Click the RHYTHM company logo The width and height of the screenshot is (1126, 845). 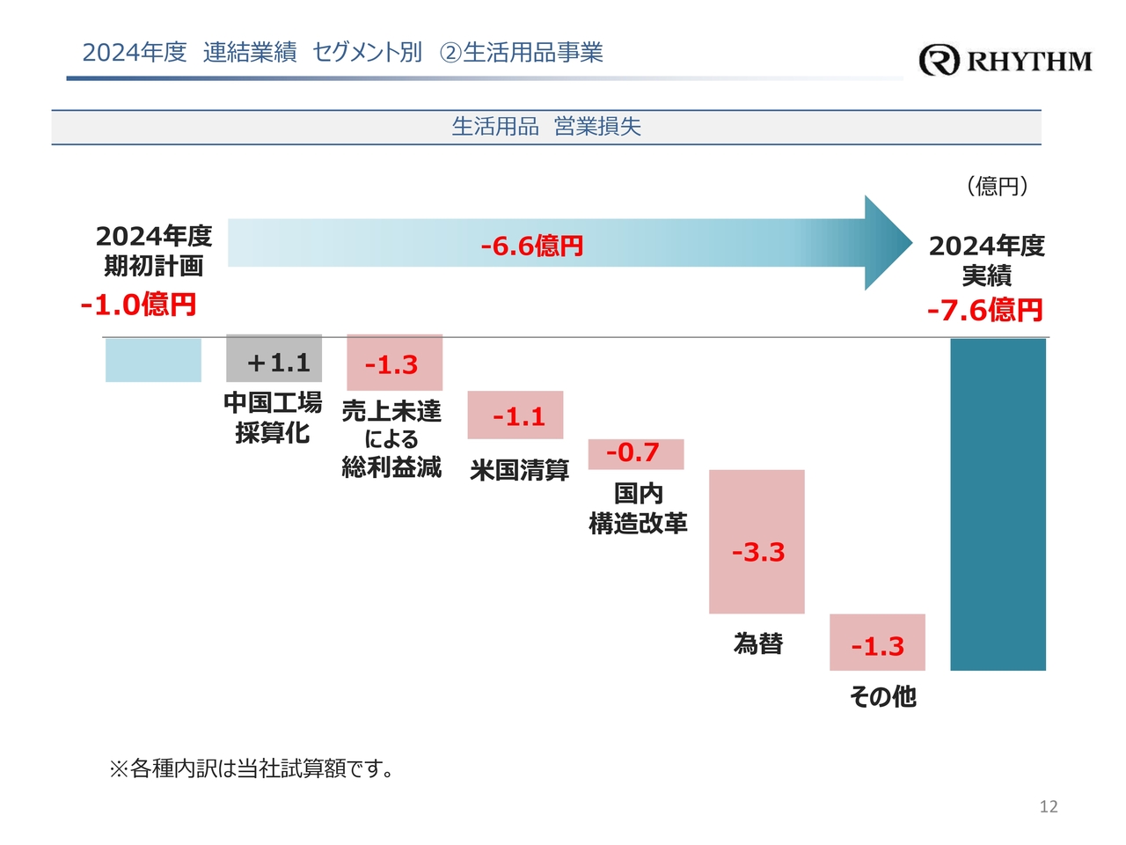1005,60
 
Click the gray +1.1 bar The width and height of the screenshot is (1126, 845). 274,358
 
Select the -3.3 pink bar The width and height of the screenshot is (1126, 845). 757,541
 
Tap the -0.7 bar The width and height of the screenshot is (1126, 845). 635,453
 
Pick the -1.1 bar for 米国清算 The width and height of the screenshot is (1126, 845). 515,415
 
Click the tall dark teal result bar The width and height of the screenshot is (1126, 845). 998,503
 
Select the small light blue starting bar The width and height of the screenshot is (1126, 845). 153,360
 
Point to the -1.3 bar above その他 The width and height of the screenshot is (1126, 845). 877,643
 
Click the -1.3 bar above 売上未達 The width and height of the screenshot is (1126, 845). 394,363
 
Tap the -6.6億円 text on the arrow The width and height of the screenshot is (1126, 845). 531,246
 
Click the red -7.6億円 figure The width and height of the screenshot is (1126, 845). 984,310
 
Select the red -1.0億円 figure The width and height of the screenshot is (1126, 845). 138,305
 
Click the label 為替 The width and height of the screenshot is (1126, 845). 757,643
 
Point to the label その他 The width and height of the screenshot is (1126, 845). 882,696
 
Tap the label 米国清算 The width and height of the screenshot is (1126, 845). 519,470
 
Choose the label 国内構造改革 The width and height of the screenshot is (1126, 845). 638,509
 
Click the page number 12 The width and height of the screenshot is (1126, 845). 1048,806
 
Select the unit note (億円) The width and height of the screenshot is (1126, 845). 997,186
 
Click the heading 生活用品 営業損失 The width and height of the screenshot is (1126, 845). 546,127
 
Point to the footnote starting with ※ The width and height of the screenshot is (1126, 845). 252,768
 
